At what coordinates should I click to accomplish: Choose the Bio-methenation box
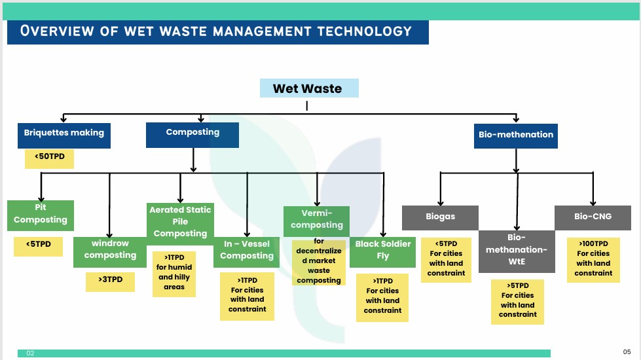click(x=516, y=135)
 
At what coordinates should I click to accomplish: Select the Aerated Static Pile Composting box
click(x=180, y=222)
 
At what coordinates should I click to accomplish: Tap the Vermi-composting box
click(x=317, y=219)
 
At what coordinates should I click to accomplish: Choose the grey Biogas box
click(x=440, y=217)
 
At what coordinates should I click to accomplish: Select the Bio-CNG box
click(x=593, y=217)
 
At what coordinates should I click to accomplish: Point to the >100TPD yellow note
click(x=593, y=260)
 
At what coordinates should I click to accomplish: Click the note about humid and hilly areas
click(x=174, y=274)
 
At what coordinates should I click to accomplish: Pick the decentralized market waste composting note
click(x=319, y=262)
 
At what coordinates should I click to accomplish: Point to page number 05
click(x=627, y=351)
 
